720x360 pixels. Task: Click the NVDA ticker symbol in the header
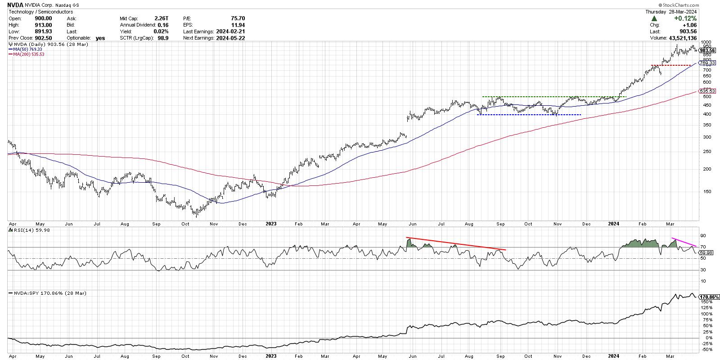pyautogui.click(x=15, y=5)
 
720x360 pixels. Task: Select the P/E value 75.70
pyautogui.click(x=237, y=18)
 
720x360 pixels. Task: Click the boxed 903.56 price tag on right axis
pyautogui.click(x=708, y=51)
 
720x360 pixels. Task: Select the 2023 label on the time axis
pyautogui.click(x=271, y=223)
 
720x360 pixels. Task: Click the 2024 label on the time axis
pyautogui.click(x=614, y=223)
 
